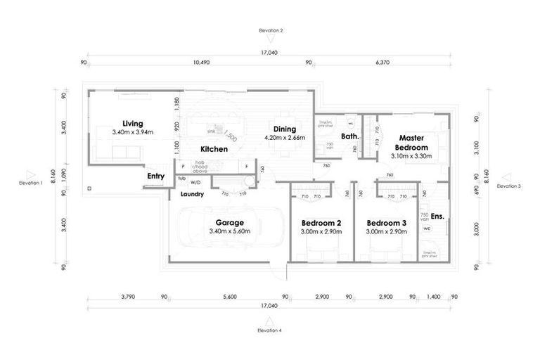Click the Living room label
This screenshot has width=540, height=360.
click(x=132, y=123)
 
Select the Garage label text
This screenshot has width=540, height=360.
click(x=229, y=223)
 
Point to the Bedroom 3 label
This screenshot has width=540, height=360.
click(x=386, y=223)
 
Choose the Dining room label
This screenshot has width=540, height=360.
click(x=285, y=129)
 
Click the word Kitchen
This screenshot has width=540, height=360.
click(x=214, y=150)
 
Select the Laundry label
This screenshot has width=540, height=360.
click(x=192, y=194)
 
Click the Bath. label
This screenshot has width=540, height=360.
click(x=350, y=136)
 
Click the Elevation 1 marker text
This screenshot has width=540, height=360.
click(x=31, y=182)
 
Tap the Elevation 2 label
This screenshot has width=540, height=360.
click(x=270, y=31)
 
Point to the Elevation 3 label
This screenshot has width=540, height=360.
click(x=508, y=186)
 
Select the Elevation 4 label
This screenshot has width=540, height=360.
click(x=269, y=330)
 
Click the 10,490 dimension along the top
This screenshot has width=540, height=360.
click(x=201, y=63)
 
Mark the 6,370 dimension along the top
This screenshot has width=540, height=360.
click(x=383, y=63)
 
